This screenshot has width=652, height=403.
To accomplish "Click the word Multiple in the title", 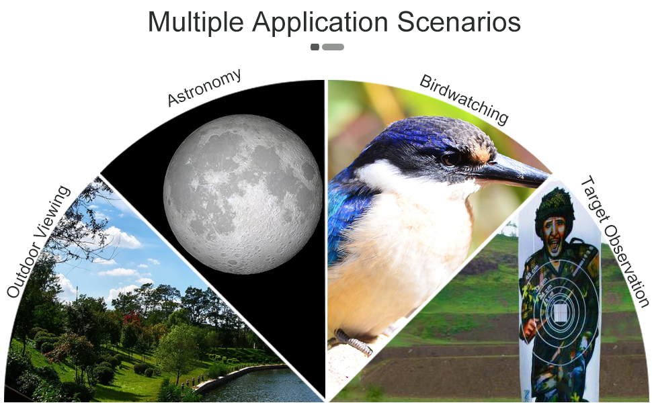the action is click(196, 22).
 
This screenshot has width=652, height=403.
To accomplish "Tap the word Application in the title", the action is click(320, 22).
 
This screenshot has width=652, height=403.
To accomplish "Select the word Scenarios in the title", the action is click(458, 21).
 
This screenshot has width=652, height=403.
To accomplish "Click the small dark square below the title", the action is click(315, 47).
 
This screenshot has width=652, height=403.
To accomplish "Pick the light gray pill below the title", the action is click(333, 47).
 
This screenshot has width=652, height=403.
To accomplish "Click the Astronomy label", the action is click(204, 87).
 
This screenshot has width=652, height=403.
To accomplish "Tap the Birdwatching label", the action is click(464, 99).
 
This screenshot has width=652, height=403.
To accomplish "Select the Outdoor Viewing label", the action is click(38, 242).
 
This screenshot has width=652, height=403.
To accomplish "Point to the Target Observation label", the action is click(614, 242).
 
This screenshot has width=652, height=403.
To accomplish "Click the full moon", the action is click(243, 194).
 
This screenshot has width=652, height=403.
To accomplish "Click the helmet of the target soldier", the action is click(555, 204).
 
